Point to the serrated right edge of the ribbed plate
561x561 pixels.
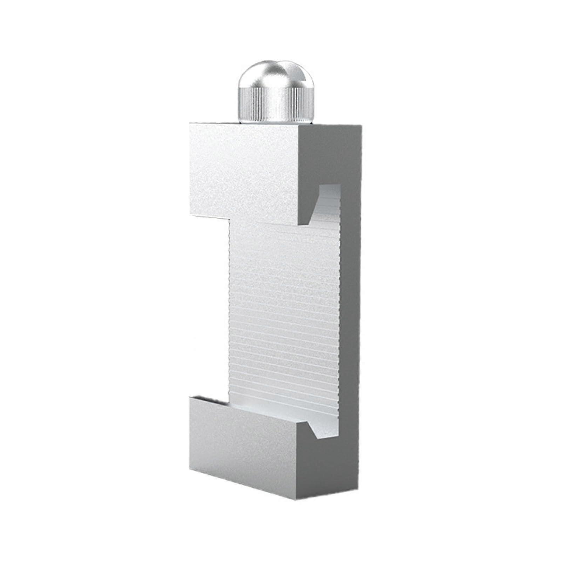(x=339, y=316)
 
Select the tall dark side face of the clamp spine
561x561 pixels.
(x=351, y=316)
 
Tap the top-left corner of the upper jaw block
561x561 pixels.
(x=190, y=123)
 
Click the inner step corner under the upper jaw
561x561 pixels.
(x=229, y=219)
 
